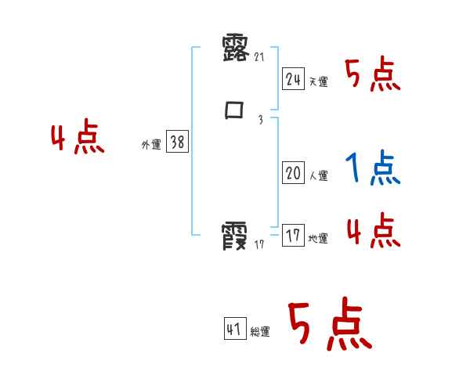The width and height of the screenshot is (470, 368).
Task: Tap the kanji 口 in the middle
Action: [x=234, y=110]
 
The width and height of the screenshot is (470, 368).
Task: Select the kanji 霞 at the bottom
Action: [x=235, y=236]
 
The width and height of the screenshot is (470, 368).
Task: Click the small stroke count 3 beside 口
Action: [x=260, y=120]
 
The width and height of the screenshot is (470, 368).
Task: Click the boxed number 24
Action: [x=293, y=78]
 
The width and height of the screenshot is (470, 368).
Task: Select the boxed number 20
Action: [x=293, y=173]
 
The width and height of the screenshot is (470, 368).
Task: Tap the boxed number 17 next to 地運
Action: [x=293, y=236]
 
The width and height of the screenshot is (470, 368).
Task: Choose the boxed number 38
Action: [x=177, y=142]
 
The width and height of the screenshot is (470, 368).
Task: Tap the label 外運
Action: [x=151, y=146]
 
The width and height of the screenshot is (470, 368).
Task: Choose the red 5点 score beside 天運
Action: [x=372, y=75]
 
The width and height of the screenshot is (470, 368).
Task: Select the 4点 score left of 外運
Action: [x=78, y=139]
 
